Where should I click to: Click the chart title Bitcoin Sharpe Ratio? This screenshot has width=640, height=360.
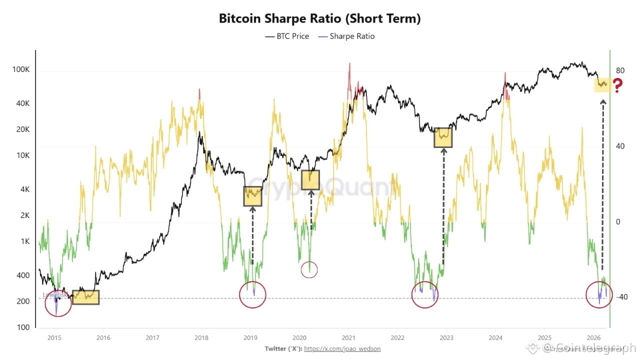[x=319, y=19]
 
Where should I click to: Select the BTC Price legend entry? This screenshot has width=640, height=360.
[x=287, y=36]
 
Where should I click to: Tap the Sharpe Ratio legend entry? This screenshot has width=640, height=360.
[x=346, y=36]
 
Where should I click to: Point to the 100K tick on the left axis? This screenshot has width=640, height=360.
[x=21, y=69]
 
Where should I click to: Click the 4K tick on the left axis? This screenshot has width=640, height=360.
[x=25, y=189]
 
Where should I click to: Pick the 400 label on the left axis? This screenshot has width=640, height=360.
[x=23, y=275]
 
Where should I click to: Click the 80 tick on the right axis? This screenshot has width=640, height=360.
[x=620, y=70]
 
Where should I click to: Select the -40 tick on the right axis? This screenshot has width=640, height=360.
[x=621, y=297]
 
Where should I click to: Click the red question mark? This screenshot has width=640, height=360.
[x=618, y=86]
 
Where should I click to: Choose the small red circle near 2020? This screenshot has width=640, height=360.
[x=309, y=270]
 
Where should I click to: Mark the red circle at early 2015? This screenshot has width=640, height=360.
[x=58, y=303]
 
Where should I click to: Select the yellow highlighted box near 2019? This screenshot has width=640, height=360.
[x=252, y=196]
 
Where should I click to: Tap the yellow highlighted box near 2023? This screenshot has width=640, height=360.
[x=443, y=137]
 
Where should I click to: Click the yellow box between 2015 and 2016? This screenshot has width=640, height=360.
[x=85, y=297]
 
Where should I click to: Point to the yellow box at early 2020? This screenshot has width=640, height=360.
[x=310, y=180]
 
